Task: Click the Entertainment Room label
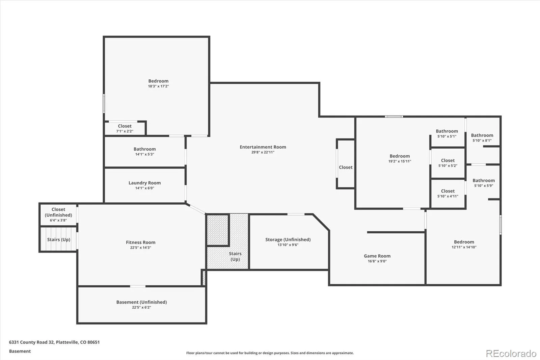coord(263,147)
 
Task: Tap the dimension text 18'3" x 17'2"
coord(158,86)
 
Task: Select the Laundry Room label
coord(145,183)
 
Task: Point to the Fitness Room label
coord(140,242)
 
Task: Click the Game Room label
coord(377,256)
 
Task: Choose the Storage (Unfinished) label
coord(288,239)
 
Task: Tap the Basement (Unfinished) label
coord(141,302)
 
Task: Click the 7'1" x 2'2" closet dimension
coord(125,131)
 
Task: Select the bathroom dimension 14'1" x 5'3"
coord(145,154)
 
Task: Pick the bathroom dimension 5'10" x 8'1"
coord(482,140)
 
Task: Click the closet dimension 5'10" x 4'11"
coord(448,196)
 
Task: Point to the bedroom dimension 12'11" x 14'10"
coord(464,247)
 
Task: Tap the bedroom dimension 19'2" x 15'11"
coord(400,161)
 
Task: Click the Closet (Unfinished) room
coord(58,214)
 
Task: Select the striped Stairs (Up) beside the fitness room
coord(59,239)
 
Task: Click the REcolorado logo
coord(511,354)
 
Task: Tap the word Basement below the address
coord(20,351)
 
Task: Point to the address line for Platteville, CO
coord(54,342)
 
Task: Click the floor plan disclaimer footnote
coord(270,353)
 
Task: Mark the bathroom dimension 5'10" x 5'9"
coord(484,185)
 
